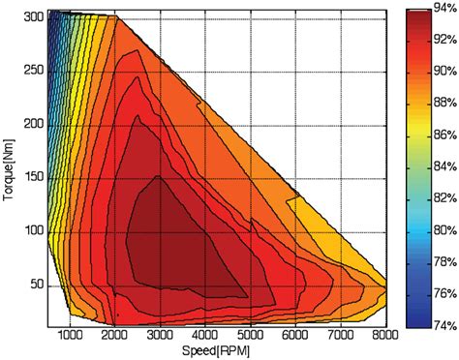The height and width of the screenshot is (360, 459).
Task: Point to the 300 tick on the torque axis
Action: [x=34, y=17]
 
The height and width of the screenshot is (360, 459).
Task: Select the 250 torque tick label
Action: [x=34, y=71]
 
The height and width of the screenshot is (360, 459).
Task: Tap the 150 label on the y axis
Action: [x=34, y=177]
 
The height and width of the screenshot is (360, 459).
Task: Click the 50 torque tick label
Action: [x=37, y=285]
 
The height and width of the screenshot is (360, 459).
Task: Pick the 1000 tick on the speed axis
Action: [x=71, y=335]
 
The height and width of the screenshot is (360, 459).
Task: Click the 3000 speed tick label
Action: [x=161, y=335]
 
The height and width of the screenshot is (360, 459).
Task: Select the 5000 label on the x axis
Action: [x=251, y=335]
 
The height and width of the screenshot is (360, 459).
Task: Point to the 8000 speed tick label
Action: [x=384, y=335]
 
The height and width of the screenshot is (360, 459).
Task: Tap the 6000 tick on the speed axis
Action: [x=295, y=335]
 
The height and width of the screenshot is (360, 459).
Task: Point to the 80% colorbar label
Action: [x=445, y=230]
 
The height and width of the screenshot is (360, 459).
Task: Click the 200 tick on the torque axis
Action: [x=34, y=124]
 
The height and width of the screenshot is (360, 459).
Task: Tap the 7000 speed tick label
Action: [x=340, y=335]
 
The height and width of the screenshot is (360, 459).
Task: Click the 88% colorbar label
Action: [x=445, y=105]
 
